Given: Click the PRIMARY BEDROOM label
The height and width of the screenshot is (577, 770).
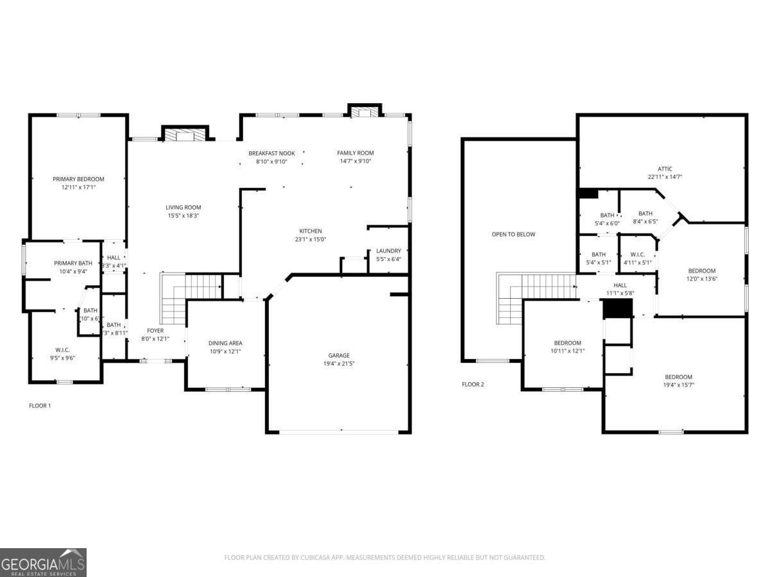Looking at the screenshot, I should click(x=78, y=179).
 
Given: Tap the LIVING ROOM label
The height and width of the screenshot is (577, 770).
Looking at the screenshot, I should click(x=184, y=207).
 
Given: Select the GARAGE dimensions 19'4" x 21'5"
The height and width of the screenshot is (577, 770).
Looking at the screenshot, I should click(x=339, y=364).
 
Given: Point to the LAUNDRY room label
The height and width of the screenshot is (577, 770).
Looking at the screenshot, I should click(x=388, y=251).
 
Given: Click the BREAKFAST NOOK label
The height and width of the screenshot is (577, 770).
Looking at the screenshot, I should click(x=271, y=153).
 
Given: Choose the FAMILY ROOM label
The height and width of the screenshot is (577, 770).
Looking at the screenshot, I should click(x=355, y=153).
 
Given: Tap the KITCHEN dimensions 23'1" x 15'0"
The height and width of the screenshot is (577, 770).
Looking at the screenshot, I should click(x=311, y=240).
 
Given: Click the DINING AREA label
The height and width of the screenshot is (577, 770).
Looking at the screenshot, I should click(x=225, y=343).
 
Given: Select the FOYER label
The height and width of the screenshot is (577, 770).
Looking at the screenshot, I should click(x=155, y=331).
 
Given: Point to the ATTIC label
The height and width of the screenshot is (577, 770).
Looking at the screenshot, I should click(x=665, y=169).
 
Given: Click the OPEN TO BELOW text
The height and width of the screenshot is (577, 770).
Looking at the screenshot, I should click(x=513, y=235).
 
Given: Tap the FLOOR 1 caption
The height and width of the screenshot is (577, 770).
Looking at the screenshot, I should click(x=40, y=405).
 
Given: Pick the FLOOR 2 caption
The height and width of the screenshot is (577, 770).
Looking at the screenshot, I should click(x=473, y=385).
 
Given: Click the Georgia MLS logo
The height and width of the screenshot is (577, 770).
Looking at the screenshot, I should click(x=43, y=562).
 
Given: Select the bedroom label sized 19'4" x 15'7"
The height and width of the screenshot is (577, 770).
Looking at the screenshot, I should click(x=679, y=377).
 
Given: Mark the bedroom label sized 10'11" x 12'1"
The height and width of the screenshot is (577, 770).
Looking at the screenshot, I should click(x=568, y=343).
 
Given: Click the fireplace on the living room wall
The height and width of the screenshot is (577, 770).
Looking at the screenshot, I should click(x=185, y=135).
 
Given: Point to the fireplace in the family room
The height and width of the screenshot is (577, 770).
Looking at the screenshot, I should click(x=365, y=112).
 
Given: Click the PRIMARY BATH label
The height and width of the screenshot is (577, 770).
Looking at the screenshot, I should click(x=73, y=263).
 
